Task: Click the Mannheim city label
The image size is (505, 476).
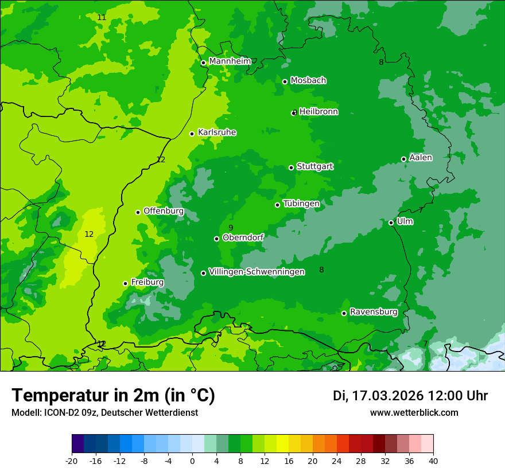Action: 230,61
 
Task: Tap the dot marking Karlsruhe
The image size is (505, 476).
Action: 192,134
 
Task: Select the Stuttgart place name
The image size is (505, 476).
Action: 314,167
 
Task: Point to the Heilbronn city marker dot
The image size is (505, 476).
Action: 294,112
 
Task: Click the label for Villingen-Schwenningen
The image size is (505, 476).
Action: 257,272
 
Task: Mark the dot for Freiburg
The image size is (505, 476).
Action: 125,283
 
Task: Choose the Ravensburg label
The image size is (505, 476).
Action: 374,313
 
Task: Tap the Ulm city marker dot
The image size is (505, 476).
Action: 391,223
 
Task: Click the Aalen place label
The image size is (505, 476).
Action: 421,158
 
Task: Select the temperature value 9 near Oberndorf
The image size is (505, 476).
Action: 231,228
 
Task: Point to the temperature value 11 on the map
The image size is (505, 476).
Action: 102,18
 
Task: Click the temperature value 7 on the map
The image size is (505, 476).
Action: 425,344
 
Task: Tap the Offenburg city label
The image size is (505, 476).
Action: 164,211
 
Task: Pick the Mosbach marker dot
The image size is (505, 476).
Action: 285,81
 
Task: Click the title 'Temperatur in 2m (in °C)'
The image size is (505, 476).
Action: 113,396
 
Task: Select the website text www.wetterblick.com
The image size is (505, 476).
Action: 414,413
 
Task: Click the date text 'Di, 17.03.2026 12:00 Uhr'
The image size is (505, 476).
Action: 410,396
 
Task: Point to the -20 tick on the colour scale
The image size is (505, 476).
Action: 72,461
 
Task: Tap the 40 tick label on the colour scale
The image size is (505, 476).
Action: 433,461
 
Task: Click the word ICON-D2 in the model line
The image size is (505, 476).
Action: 59,413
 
